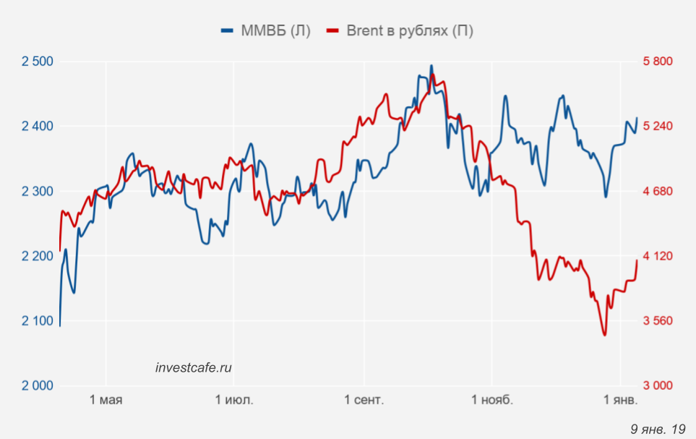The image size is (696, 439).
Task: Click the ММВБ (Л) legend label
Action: (x=278, y=30)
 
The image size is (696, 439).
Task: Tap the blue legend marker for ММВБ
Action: (x=228, y=30)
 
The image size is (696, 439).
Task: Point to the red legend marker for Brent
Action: (x=333, y=30)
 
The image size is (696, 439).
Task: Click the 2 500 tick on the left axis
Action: (x=38, y=61)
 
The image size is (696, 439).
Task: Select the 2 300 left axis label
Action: (x=38, y=191)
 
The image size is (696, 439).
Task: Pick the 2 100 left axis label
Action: (x=38, y=320)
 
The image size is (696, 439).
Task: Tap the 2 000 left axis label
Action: (x=38, y=385)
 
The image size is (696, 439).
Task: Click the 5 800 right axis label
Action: (x=658, y=61)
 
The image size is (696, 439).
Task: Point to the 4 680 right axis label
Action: (x=658, y=191)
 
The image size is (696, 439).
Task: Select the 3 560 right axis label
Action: (x=658, y=320)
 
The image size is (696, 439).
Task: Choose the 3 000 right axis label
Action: (x=658, y=385)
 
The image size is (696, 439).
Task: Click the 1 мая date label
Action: (x=106, y=400)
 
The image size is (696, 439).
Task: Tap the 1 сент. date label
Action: (x=364, y=400)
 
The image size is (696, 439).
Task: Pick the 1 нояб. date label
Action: (x=491, y=400)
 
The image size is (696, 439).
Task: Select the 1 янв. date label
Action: (x=620, y=400)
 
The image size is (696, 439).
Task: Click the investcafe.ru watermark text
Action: (x=194, y=367)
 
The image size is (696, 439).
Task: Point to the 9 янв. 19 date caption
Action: (x=658, y=430)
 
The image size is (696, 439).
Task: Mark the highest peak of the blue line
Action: (x=431, y=66)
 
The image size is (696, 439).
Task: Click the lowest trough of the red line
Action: (x=604, y=335)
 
